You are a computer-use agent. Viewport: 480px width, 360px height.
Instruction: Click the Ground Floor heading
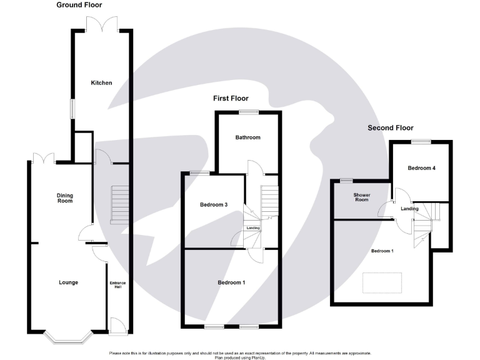tap(79, 5)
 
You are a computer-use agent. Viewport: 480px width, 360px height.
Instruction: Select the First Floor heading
tap(231, 98)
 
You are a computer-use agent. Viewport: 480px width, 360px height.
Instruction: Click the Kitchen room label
tap(101, 83)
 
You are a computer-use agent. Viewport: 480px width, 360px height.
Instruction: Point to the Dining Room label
tap(65, 198)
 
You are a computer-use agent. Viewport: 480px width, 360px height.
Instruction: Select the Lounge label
tap(68, 282)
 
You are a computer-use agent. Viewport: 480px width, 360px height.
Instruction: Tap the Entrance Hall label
tap(117, 285)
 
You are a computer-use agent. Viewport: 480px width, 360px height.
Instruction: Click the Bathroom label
tap(247, 137)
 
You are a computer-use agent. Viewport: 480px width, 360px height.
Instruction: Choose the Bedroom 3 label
tap(213, 204)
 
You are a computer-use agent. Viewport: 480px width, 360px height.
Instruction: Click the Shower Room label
tap(362, 197)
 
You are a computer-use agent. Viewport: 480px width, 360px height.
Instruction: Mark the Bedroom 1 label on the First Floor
tap(231, 282)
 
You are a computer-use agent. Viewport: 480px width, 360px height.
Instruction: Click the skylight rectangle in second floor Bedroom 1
tap(382, 282)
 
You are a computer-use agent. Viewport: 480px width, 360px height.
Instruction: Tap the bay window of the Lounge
tap(69, 337)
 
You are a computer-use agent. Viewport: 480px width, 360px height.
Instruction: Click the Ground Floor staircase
tap(119, 204)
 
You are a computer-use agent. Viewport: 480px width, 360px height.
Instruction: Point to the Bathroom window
tap(248, 112)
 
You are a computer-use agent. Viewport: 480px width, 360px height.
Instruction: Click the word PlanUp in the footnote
tap(257, 357)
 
